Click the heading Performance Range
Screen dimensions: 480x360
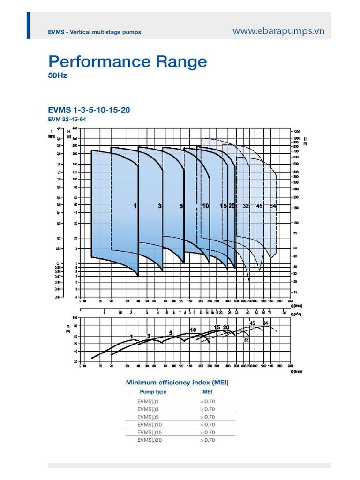127,62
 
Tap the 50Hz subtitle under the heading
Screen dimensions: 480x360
58,75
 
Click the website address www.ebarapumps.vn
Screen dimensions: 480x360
278,31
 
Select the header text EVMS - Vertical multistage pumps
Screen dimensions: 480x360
94,32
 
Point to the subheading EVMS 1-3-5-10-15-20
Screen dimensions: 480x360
89,110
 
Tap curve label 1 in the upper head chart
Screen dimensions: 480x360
135,206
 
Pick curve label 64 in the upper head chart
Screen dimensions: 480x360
273,206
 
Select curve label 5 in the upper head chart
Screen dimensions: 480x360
181,206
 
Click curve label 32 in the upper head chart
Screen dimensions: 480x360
246,206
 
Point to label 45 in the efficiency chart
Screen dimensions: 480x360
252,323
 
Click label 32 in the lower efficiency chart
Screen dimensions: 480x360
246,339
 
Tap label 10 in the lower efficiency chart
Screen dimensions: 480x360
193,330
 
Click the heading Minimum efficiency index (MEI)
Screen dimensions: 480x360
177,382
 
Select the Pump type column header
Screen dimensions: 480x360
153,392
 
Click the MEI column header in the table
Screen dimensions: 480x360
207,392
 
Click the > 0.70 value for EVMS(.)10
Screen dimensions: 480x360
207,425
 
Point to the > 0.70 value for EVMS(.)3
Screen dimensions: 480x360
207,409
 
